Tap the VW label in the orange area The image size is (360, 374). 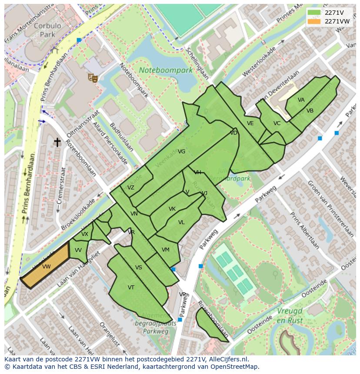pyautogui.click(x=47, y=267)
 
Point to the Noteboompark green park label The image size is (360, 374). pyautogui.click(x=166, y=70)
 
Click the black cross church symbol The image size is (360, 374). pyautogui.click(x=57, y=142)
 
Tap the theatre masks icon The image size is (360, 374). pyautogui.click(x=92, y=77)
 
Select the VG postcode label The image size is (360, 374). pyautogui.click(x=182, y=152)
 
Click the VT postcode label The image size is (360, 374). pyautogui.click(x=131, y=288)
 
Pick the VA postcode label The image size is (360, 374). pyautogui.click(x=301, y=100)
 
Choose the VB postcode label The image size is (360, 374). pyautogui.click(x=310, y=111)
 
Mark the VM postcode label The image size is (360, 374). pyautogui.click(x=165, y=250)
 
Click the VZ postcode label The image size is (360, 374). pyautogui.click(x=131, y=188)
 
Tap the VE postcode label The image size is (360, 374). pyautogui.click(x=250, y=123)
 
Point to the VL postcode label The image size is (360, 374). pyautogui.click(x=181, y=222)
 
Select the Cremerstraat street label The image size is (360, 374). pyautogui.click(x=61, y=185)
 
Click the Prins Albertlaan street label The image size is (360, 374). pyautogui.click(x=303, y=231)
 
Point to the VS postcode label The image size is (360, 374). pyautogui.click(x=139, y=268)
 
